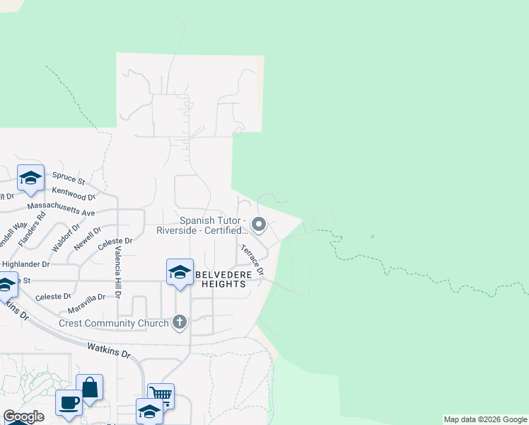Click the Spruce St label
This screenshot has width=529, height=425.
click(71, 182)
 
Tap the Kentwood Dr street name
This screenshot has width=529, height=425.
click(74, 195)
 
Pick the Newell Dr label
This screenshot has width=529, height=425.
click(88, 239)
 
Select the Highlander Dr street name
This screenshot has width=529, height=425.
click(25, 263)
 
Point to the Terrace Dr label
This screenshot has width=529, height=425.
click(251, 260)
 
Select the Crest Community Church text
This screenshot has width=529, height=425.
click(113, 324)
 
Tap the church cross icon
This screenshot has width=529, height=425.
click(180, 323)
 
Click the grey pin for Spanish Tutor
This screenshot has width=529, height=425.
click(259, 225)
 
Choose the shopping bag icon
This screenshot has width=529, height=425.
click(90, 387)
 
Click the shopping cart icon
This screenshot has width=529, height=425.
click(161, 395)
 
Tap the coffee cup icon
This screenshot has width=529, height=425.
click(69, 402)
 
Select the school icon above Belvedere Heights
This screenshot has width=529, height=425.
click(180, 272)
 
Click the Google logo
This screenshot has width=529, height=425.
click(23, 417)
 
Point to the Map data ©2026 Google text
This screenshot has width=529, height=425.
click(485, 419)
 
